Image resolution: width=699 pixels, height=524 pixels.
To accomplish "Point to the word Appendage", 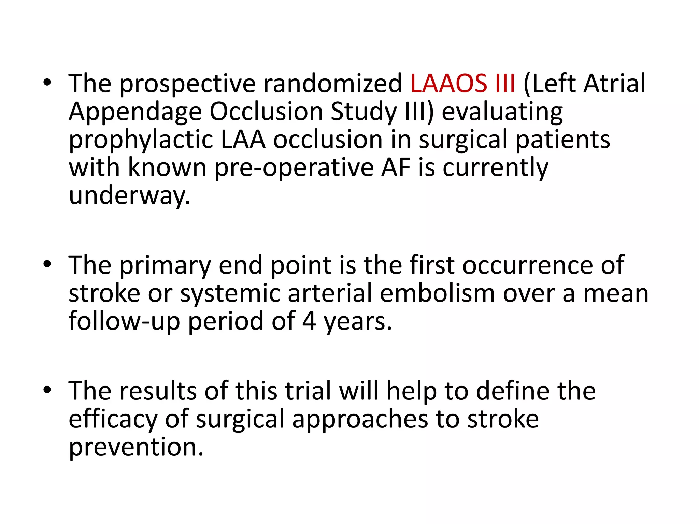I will coord(135,113).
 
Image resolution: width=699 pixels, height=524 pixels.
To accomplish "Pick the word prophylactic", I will coord(141,141).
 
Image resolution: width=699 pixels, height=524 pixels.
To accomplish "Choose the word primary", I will coord(165,266).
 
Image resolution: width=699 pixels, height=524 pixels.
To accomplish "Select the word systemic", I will coord(230,294).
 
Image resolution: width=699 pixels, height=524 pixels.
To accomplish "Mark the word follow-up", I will coord(124,322).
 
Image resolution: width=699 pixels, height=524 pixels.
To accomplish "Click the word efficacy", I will coord(113,420).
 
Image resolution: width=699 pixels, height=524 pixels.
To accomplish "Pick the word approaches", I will coord(360,420).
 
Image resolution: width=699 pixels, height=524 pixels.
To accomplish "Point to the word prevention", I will coord(136,448).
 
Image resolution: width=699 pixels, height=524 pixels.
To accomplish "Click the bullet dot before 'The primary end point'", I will coord(47,264).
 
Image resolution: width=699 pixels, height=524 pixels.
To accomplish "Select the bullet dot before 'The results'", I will coord(47,390).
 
